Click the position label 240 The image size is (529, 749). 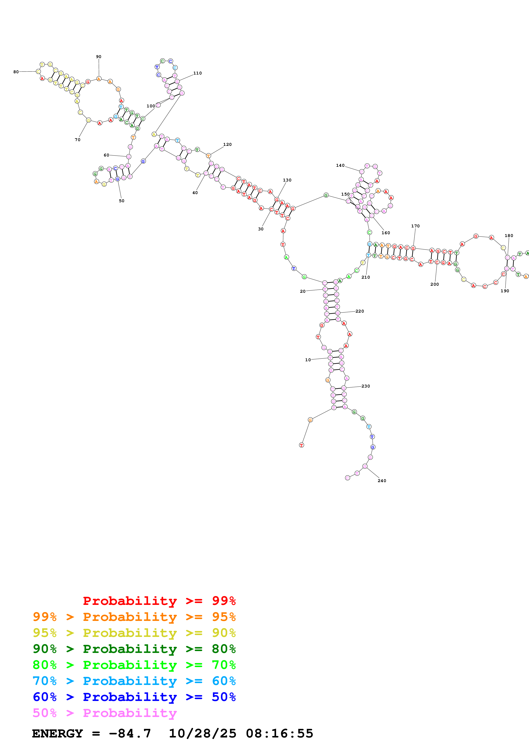[382, 481]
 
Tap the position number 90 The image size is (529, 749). [98, 57]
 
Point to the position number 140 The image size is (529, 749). [340, 165]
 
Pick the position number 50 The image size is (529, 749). [122, 201]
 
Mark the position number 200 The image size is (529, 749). [434, 284]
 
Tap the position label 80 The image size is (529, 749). [16, 72]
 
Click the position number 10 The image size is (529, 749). [308, 360]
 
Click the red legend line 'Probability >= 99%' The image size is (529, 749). [159, 601]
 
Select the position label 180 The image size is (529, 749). [509, 236]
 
